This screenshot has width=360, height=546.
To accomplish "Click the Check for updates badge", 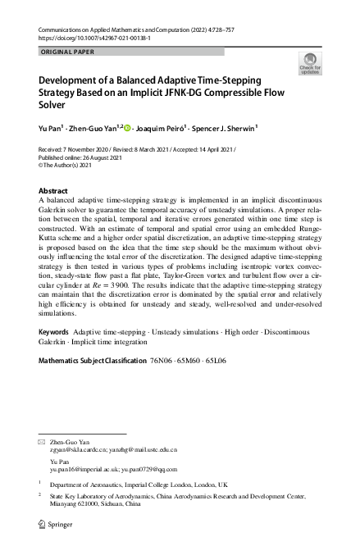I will (310, 64).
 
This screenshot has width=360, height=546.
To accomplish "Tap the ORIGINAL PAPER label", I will (67, 52).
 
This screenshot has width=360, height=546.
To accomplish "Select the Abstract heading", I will (54, 190).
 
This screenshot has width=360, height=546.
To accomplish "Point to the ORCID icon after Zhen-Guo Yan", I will (128, 128).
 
